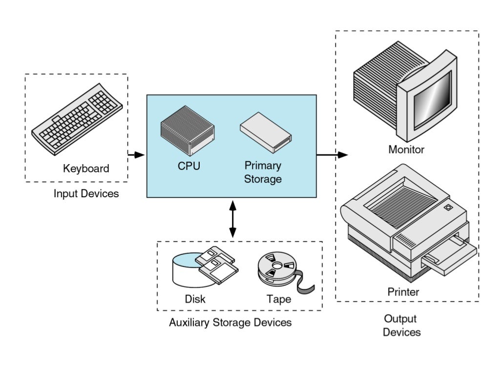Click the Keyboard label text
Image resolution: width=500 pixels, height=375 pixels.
[86, 169]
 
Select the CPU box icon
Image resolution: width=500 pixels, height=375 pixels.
[188, 131]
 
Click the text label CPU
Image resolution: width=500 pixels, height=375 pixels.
[188, 166]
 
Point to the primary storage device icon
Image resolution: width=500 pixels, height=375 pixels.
[265, 131]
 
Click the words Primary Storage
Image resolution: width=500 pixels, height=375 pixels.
[263, 172]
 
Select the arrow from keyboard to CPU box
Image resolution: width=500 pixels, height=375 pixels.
[136, 155]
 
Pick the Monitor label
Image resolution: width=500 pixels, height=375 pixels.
[406, 149]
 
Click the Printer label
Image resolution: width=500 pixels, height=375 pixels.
[403, 292]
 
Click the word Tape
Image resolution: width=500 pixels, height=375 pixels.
[278, 299]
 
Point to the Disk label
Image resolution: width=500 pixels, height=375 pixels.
[195, 299]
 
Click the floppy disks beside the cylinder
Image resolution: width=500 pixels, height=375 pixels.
[218, 266]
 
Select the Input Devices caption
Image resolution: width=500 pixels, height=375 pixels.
[86, 193]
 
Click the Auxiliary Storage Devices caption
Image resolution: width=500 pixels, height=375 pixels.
[230, 323]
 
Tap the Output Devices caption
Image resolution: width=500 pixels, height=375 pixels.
[401, 326]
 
